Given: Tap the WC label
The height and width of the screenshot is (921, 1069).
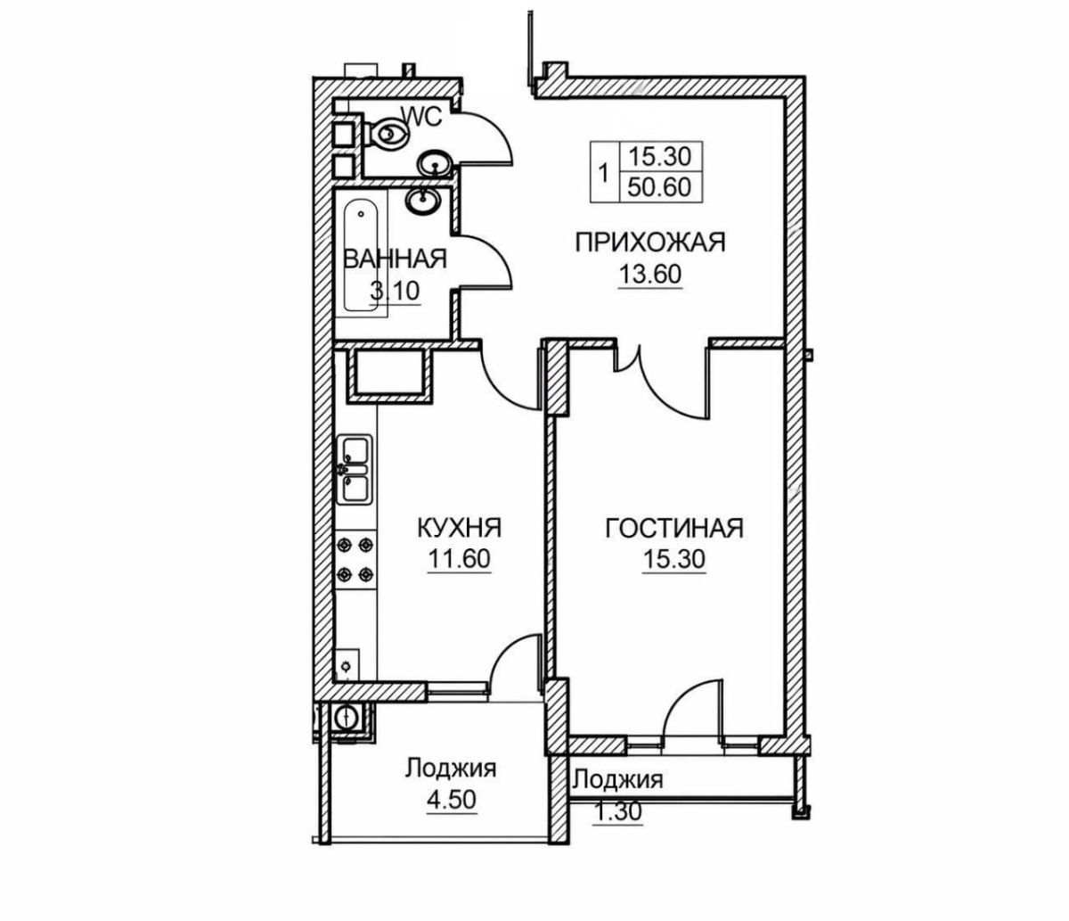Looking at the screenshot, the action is pos(422,117).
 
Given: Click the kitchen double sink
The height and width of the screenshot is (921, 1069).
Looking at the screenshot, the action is pos(355,469).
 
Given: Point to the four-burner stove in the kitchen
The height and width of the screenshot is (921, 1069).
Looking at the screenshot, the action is pos(355,559).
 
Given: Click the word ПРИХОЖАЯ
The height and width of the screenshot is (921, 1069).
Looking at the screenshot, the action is pos(650,243).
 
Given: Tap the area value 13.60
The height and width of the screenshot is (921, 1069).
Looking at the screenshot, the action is pos(650,275).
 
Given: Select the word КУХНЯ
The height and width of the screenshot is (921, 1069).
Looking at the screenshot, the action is pos(460,528).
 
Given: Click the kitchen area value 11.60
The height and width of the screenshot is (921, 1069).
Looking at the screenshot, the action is pos(459,559).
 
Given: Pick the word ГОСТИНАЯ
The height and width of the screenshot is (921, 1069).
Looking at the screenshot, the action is pos(673,528).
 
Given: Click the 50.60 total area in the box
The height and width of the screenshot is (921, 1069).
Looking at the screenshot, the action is pos(659,186).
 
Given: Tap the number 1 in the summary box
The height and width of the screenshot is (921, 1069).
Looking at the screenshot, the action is pos(604,172).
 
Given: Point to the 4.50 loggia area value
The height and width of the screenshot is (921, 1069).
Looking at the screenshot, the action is pos(451,800).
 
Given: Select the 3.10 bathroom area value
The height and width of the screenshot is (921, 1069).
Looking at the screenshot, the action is pos(395,291).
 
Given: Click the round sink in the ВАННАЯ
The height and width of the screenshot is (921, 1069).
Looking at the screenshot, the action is pos(422,201).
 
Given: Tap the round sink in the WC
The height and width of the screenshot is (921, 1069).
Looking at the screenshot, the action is pos(435,165).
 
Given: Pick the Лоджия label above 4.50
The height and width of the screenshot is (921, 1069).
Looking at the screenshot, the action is pos(451,769).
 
